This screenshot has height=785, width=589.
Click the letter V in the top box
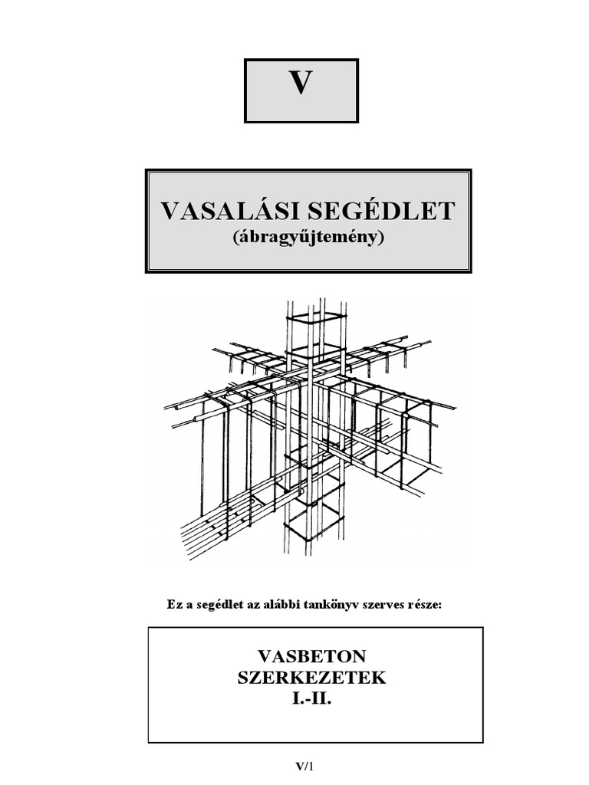(x=301, y=84)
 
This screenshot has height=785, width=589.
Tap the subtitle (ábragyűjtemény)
(x=308, y=237)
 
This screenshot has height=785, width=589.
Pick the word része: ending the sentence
(x=426, y=604)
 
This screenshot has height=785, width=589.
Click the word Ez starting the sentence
(x=175, y=604)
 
